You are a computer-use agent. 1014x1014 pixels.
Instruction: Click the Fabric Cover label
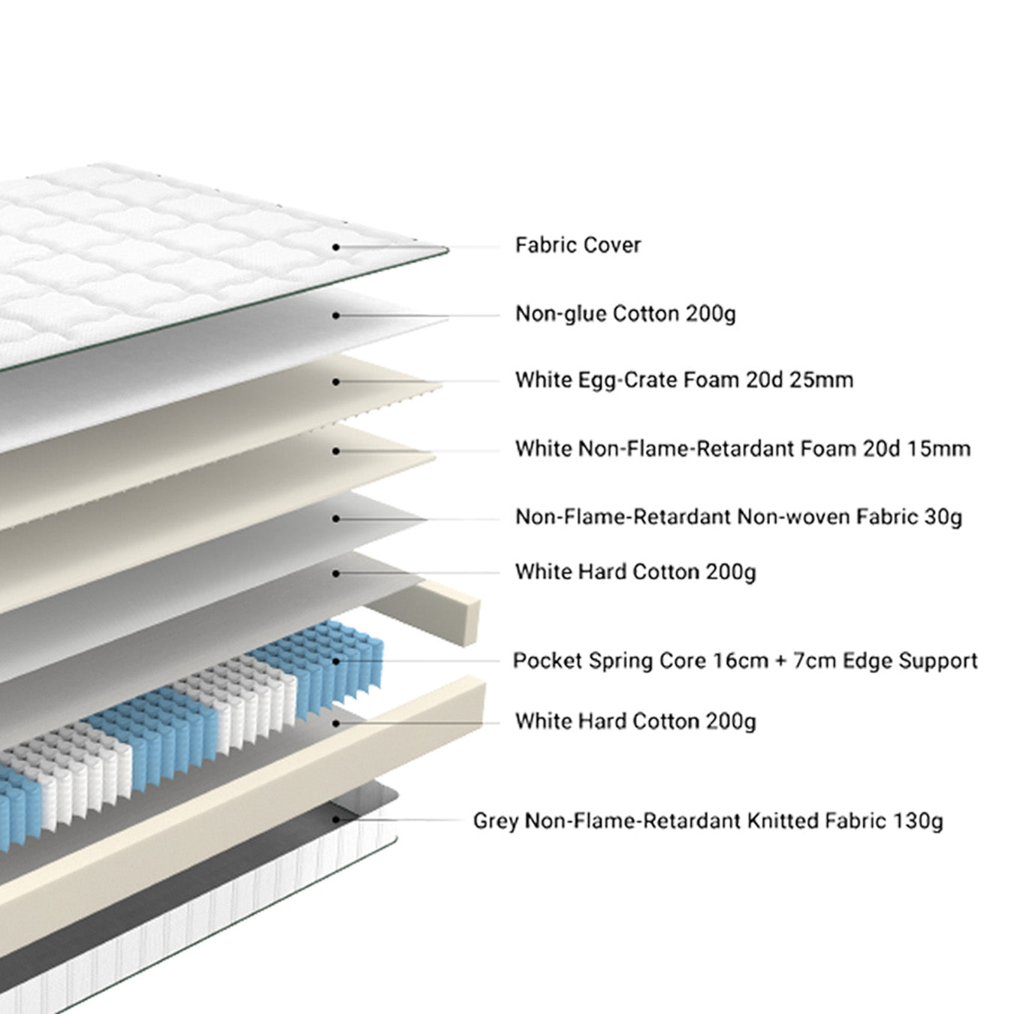(x=578, y=245)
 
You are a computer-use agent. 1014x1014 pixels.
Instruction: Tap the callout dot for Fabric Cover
(x=336, y=247)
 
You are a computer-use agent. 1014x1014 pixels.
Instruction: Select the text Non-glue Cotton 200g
(x=625, y=313)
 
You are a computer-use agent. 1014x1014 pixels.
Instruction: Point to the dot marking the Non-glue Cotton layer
(x=336, y=315)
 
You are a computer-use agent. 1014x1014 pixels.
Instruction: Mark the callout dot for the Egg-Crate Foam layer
(x=336, y=382)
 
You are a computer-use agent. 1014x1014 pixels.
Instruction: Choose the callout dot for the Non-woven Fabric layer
(x=336, y=519)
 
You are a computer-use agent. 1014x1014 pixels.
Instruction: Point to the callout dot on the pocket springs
(x=336, y=661)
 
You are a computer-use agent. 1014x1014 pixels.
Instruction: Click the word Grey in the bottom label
(x=495, y=821)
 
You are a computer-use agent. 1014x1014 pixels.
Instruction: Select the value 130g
(x=918, y=821)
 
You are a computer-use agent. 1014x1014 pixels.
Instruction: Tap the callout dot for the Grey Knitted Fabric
(x=336, y=819)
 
